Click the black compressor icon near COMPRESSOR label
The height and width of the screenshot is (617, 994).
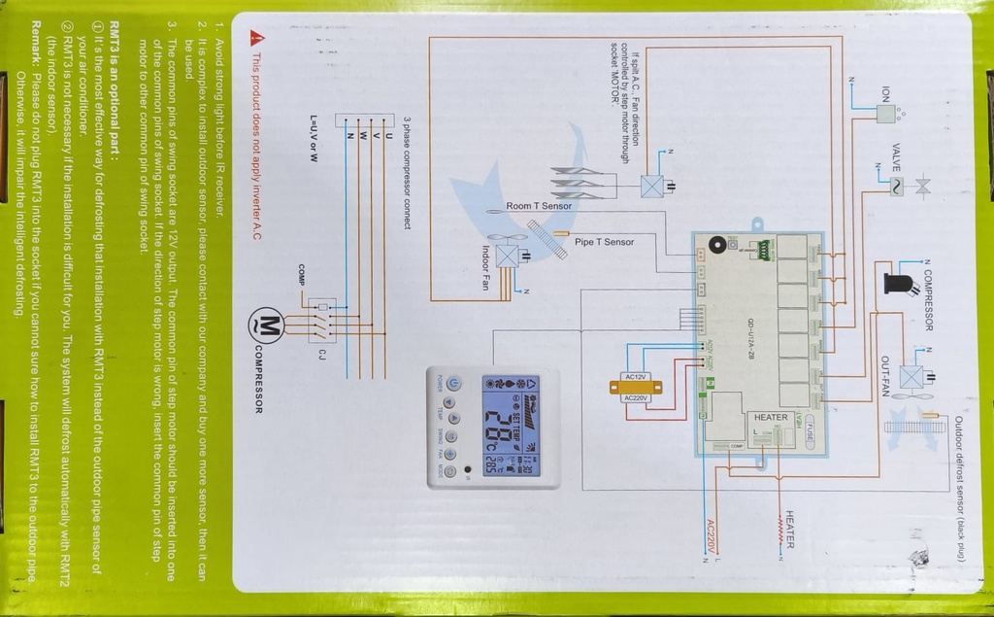tap(898, 283)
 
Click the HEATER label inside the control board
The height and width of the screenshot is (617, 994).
tap(771, 418)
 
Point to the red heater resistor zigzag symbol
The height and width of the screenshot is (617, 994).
tap(779, 529)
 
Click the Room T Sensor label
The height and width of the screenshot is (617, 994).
tap(539, 206)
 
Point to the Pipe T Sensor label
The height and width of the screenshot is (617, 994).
tap(604, 242)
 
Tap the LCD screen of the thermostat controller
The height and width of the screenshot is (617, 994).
tap(511, 426)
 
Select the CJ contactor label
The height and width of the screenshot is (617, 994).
tap(321, 353)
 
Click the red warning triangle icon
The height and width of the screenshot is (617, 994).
tap(255, 38)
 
